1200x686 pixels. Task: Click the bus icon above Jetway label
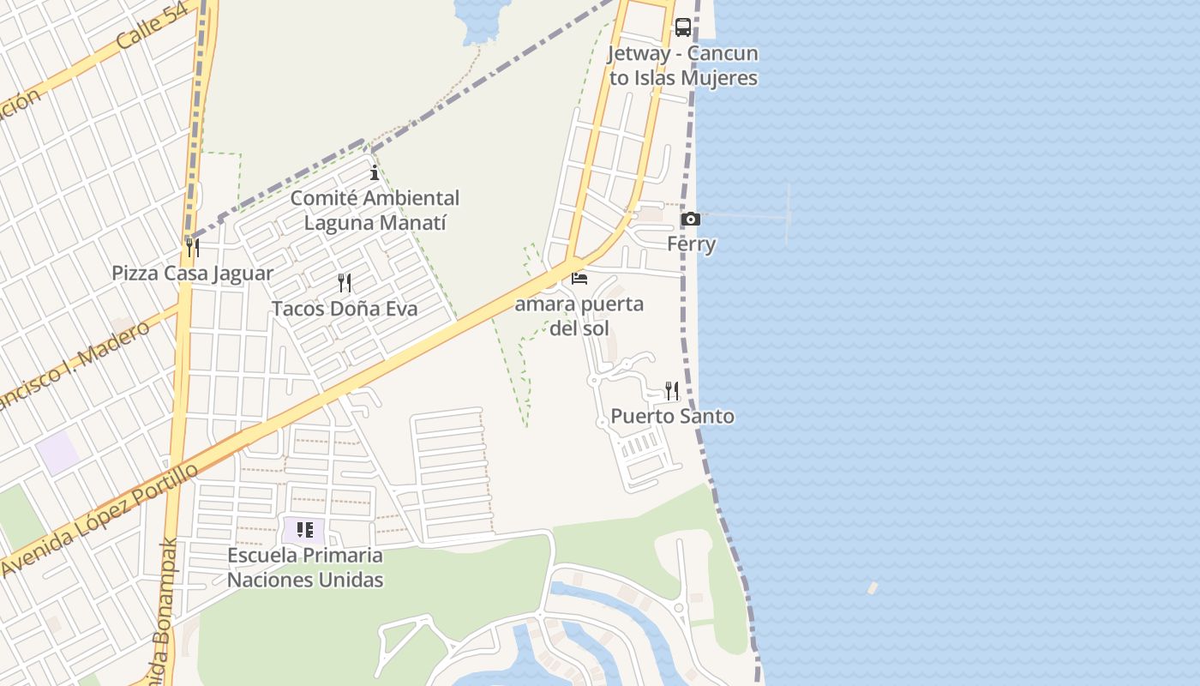682,27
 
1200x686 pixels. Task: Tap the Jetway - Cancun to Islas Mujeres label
682,65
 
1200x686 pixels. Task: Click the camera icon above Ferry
690,220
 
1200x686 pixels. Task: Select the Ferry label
691,244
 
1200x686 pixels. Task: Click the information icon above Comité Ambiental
374,173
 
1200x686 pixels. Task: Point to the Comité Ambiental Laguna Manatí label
375,210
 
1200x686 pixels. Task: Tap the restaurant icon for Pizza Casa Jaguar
193,248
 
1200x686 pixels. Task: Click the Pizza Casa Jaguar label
193,274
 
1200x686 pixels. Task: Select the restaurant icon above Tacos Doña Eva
345,283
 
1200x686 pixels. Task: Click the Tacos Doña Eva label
345,309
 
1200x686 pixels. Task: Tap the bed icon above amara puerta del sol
579,279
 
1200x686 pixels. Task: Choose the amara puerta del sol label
579,316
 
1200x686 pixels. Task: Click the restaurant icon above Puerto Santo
672,391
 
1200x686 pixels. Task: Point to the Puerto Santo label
672,417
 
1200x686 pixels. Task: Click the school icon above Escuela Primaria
305,530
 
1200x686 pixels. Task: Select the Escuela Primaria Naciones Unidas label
305,568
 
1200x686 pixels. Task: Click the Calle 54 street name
152,31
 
